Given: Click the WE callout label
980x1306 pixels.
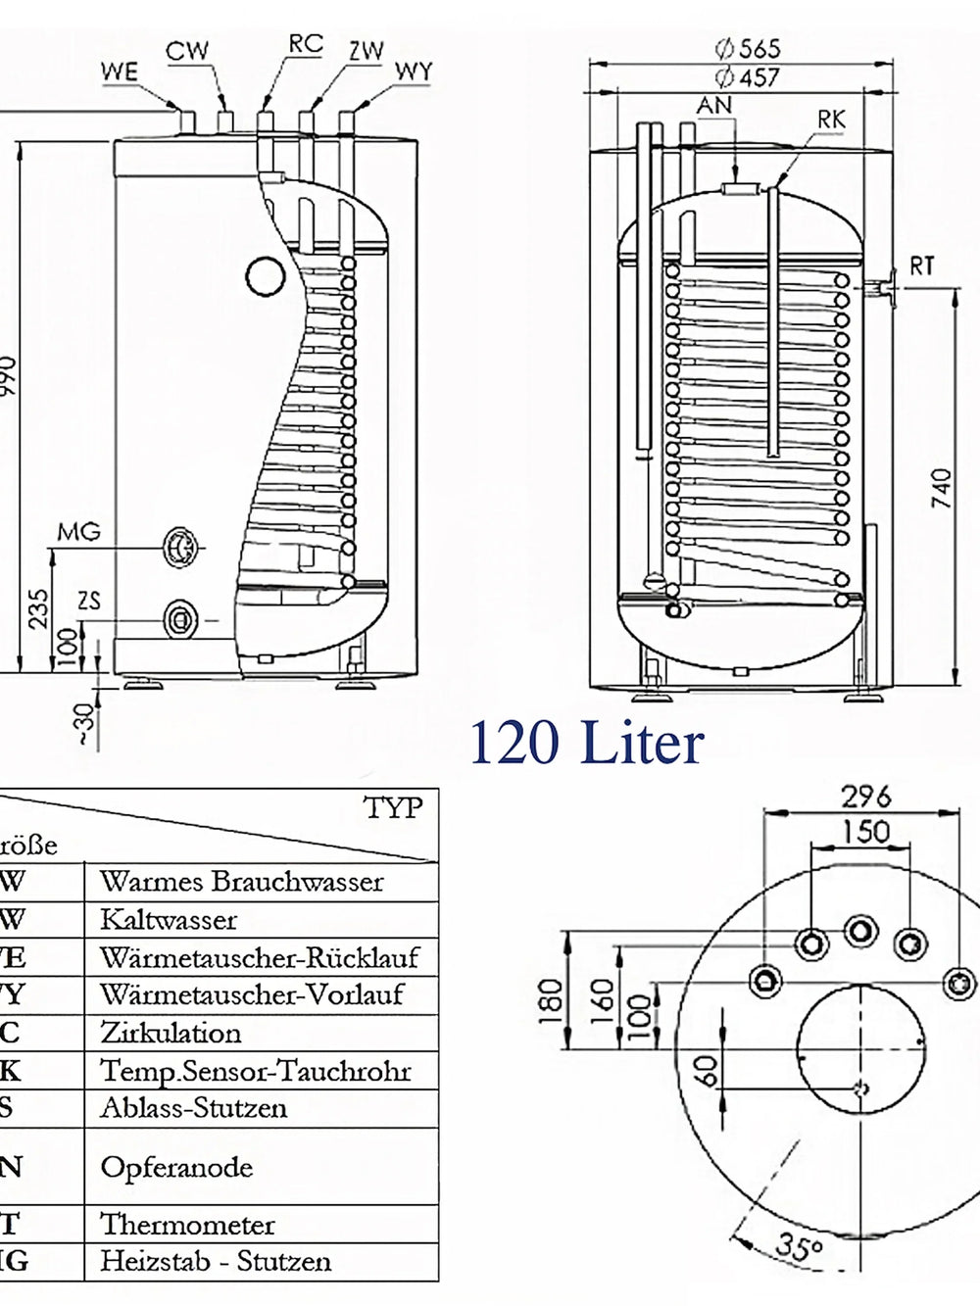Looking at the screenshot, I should pos(119,72).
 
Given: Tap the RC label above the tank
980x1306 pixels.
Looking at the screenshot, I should pos(305,44).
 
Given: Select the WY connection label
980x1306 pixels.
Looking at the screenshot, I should pos(413,72).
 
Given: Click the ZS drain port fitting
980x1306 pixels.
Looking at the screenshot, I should pos(180,618).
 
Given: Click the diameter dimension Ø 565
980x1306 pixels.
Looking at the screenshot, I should pos(747,48).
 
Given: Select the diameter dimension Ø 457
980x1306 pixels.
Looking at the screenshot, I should pos(747,76).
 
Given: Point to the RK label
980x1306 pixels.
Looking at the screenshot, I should pos(831,120).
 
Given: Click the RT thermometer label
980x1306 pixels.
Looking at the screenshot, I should pos(921,266).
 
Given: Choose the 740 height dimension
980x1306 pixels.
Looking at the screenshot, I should pos(941,488).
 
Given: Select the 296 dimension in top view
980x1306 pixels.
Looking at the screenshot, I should pos(866,796).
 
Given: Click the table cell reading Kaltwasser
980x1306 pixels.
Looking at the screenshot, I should pos(169,919).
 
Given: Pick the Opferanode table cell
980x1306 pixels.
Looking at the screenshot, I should pos(176,1167).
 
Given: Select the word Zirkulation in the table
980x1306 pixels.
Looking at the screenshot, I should pos(171,1033).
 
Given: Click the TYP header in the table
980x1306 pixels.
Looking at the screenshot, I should pos(393,808).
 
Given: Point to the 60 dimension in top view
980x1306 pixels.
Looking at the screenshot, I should pos(706,1070).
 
